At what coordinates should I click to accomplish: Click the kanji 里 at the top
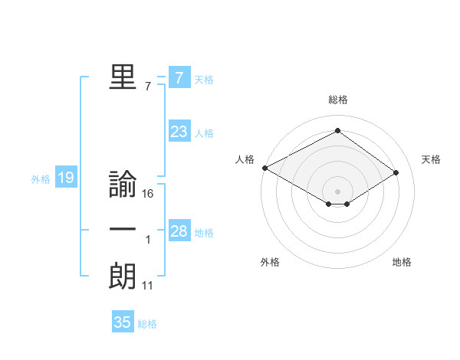click(123, 77)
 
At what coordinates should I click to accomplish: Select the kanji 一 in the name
click(123, 231)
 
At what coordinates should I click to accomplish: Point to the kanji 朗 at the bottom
click(123, 276)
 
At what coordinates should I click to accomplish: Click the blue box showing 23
click(179, 132)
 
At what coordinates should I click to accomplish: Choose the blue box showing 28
click(179, 231)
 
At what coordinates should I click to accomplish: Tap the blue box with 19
click(65, 178)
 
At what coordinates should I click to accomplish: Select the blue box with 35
click(123, 322)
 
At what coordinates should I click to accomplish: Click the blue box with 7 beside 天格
click(179, 78)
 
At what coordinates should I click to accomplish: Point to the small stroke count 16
click(148, 195)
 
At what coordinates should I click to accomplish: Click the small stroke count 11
click(148, 286)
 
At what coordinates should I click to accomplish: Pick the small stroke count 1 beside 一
click(148, 241)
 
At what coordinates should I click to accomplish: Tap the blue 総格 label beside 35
click(147, 324)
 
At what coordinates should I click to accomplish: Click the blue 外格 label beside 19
click(41, 179)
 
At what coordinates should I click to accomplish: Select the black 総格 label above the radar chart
click(337, 100)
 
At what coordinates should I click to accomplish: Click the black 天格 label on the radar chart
click(431, 159)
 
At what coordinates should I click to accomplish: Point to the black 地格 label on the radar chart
click(402, 262)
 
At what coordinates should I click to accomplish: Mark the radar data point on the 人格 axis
click(264, 168)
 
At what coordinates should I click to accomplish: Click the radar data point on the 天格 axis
click(396, 172)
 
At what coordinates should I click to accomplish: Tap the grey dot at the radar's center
click(337, 191)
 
